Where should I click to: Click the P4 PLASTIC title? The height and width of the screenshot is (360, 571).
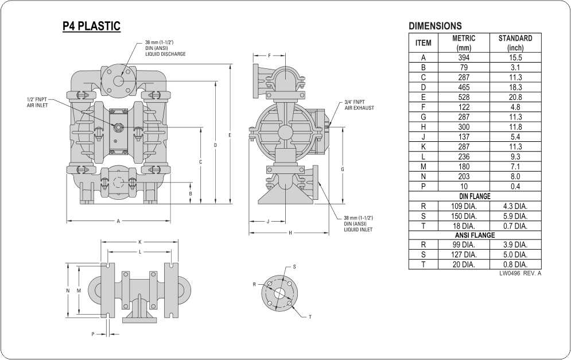pos(91,26)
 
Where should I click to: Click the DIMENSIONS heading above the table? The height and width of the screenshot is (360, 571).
pos(435,26)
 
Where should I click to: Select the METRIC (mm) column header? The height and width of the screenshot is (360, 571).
pos(464,43)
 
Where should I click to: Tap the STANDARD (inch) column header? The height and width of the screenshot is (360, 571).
pos(515,43)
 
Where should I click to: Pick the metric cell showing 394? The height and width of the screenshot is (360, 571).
pos(464,57)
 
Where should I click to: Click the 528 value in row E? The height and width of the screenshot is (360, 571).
pos(464,97)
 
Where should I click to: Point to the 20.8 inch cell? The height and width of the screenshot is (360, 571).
pos(515,97)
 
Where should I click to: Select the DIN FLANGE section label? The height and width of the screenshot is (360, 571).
pos(475,196)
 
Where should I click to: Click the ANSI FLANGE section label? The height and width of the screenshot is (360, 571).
pos(475,235)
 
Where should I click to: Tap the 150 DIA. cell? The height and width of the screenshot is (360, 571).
pos(464,216)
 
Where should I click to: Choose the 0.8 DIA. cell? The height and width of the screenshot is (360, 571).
pos(515,265)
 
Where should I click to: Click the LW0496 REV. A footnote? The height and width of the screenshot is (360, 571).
pos(520,273)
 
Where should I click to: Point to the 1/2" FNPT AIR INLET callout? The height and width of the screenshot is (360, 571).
pos(37,102)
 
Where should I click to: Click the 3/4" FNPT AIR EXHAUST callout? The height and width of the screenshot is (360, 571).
pos(359,105)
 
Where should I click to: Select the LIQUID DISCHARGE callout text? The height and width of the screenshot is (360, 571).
pos(165,54)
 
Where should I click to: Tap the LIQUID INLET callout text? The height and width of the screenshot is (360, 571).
pos(358,230)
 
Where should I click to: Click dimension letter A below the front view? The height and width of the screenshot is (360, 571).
pos(118,221)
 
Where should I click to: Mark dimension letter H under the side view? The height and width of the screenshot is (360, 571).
pos(290,233)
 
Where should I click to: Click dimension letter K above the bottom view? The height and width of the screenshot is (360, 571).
pos(140,242)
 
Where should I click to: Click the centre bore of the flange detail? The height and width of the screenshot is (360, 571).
pos(279,293)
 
